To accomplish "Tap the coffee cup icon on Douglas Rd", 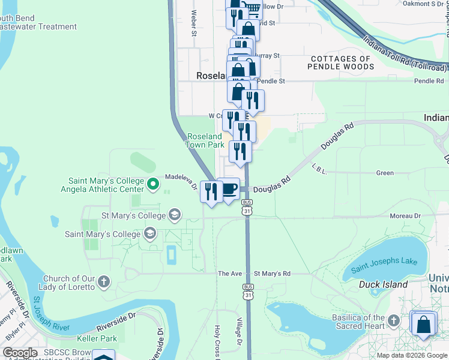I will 228,190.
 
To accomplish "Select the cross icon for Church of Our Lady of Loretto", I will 103,281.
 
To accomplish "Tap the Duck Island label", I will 383,284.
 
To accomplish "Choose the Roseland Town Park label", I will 205,140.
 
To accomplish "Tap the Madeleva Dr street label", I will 181,181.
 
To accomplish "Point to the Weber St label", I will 194,23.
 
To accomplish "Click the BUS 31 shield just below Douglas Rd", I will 247,211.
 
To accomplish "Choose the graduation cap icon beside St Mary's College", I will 175,215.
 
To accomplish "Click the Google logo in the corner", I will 20,353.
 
